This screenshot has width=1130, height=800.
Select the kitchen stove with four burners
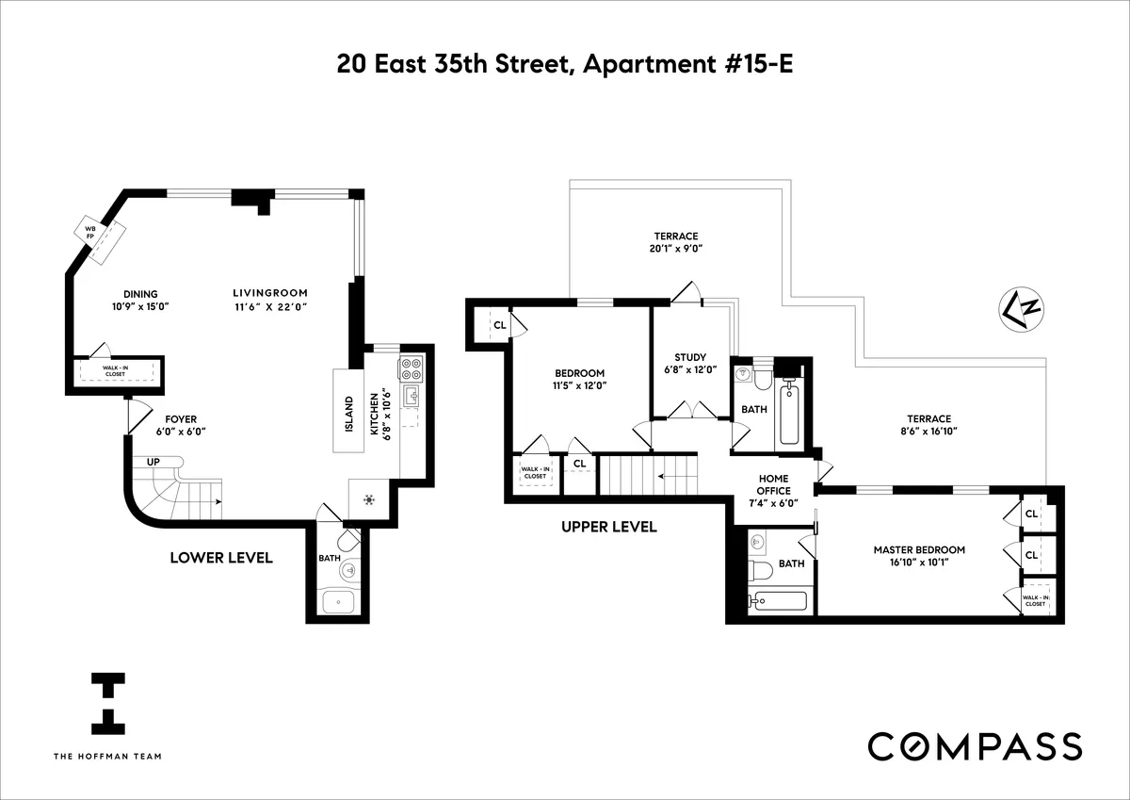click(x=412, y=366)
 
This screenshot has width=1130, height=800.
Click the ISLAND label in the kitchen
click(x=347, y=415)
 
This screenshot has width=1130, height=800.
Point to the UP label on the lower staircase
click(x=153, y=462)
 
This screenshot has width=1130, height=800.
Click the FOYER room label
click(x=181, y=418)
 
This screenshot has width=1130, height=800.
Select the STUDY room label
click(x=690, y=357)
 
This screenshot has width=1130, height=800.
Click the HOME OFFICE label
click(x=773, y=484)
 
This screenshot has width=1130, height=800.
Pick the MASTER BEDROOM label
click(x=919, y=550)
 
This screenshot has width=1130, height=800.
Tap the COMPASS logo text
click(x=974, y=745)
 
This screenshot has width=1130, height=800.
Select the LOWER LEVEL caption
click(x=221, y=558)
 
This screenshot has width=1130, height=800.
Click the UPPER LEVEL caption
click(x=608, y=527)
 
